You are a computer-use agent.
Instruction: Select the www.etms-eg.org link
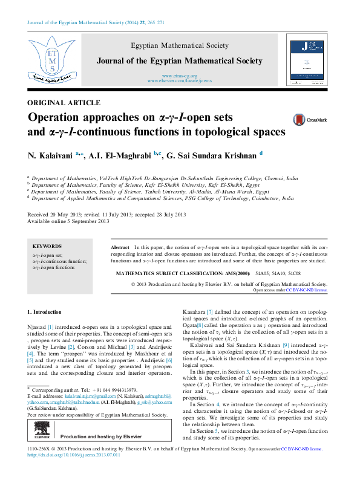(180, 76)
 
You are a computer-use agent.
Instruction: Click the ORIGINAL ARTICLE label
(64, 103)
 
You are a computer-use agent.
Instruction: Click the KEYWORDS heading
(47, 247)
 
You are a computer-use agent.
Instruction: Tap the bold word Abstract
(120, 248)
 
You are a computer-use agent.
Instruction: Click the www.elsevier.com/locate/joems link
(180, 80)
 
